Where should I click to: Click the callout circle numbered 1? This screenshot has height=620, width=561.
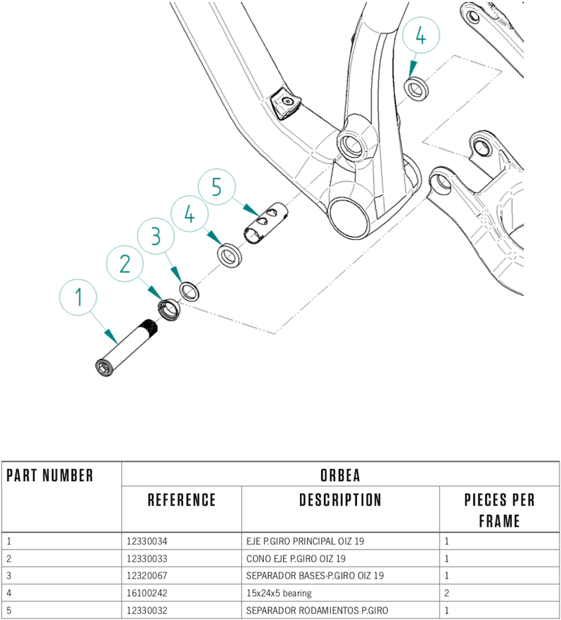pos(79,298)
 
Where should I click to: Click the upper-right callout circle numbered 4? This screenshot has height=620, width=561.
pos(420,37)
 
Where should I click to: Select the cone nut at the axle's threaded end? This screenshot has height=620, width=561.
pos(170,309)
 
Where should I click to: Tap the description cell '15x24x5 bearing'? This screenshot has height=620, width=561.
pos(278,593)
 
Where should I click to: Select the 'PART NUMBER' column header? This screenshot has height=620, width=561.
pos(50,476)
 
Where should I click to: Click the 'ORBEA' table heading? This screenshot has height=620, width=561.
pos(339,476)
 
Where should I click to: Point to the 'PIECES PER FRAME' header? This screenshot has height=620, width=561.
pos(499,510)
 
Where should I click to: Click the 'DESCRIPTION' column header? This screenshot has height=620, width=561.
pos(340,500)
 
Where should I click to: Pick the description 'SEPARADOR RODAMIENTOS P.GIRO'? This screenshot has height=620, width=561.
pos(317,610)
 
